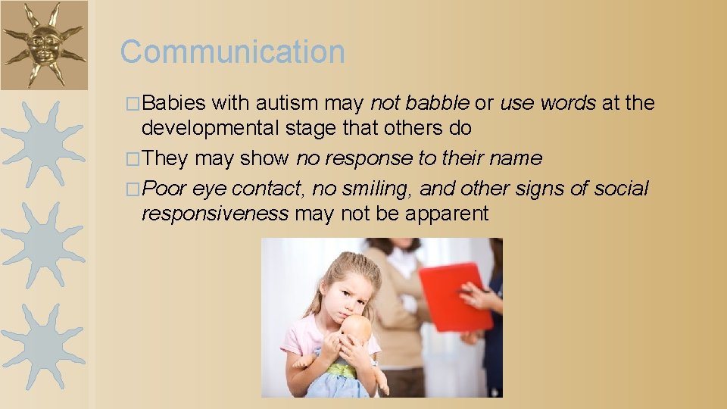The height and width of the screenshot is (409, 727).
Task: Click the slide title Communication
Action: coord(232,52)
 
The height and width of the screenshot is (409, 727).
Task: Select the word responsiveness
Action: coord(214,214)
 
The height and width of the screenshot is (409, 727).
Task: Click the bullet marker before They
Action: coord(134,159)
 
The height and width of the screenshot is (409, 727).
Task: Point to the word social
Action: coord(621,187)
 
